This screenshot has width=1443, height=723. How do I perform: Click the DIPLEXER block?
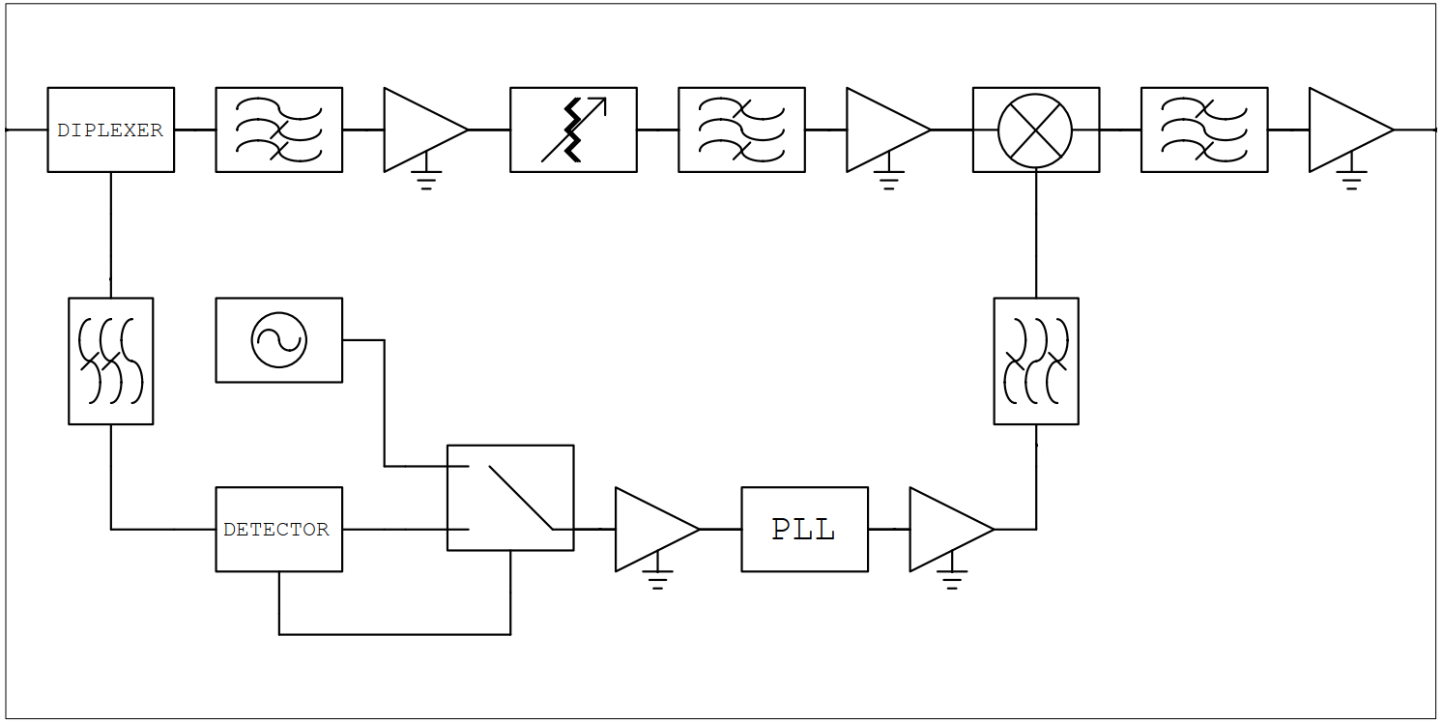click(110, 130)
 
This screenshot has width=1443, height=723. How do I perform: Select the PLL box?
click(804, 529)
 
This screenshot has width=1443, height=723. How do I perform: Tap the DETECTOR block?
click(278, 529)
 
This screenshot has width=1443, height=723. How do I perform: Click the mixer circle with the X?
click(1035, 130)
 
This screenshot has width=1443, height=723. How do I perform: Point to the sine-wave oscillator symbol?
click(278, 340)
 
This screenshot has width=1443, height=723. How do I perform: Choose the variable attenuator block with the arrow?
click(573, 130)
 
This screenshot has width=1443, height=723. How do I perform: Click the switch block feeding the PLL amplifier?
click(510, 498)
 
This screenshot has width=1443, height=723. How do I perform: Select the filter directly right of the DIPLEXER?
click(278, 130)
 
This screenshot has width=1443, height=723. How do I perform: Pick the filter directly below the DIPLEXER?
click(110, 361)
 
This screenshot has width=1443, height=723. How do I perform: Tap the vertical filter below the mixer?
click(1036, 361)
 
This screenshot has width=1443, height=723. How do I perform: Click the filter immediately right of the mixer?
click(1204, 130)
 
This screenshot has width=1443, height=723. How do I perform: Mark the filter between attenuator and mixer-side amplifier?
click(741, 130)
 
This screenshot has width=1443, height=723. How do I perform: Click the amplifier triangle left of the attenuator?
click(419, 130)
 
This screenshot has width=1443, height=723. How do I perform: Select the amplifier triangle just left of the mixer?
click(882, 130)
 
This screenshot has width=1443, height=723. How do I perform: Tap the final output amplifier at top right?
click(1345, 130)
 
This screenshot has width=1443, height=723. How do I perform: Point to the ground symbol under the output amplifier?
click(1351, 180)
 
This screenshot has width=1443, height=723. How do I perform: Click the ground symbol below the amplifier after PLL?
click(952, 579)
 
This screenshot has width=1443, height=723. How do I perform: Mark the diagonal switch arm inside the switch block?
click(520, 498)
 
